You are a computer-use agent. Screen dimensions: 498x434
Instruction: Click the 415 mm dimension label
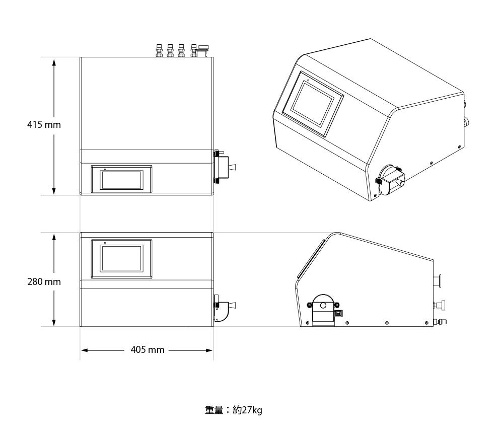coord(44,124)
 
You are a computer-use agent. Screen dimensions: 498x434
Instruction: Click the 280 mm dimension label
coord(44,281)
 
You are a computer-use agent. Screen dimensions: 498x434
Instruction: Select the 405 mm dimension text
coord(148,350)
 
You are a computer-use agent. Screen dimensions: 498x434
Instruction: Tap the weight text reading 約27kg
coord(247,410)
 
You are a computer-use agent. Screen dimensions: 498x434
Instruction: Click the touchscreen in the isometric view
coord(313,104)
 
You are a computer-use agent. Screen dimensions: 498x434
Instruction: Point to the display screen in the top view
coord(122,179)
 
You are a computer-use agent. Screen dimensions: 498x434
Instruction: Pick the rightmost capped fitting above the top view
coord(202,50)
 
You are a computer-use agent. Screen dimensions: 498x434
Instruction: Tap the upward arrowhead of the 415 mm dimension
coord(54,63)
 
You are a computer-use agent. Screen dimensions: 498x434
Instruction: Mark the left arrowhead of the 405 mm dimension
coord(85,350)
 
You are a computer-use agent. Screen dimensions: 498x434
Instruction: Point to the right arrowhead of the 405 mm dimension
coord(208,350)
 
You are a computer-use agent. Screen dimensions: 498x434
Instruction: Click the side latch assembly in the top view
coord(225,167)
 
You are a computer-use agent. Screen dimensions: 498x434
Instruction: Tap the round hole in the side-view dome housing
coord(323,306)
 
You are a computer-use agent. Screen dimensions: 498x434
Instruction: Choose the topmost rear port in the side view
coord(438,281)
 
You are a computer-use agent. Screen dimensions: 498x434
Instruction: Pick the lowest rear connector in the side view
coord(440,322)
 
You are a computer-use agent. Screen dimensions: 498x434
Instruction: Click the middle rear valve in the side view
coord(440,305)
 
